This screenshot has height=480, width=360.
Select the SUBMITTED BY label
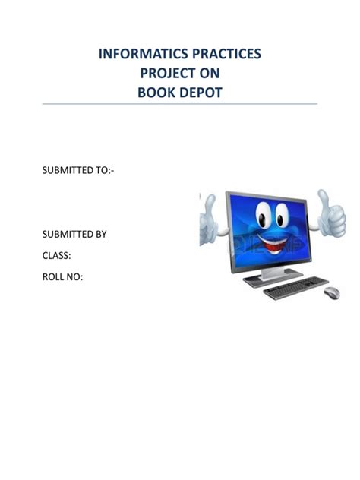tap(74, 234)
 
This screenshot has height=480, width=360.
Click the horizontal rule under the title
tap(179, 104)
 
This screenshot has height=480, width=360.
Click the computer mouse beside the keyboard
tap(331, 292)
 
